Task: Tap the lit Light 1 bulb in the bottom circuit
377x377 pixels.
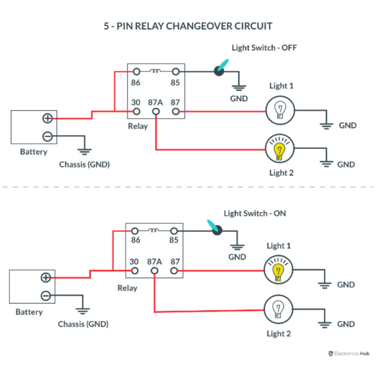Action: click(x=278, y=271)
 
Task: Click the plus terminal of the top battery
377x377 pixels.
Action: click(x=47, y=118)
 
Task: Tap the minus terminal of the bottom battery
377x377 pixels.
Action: click(x=46, y=296)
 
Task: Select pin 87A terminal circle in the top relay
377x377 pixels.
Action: click(x=156, y=111)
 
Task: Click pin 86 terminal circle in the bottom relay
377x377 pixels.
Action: click(x=135, y=231)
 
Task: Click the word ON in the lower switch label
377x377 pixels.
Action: click(x=279, y=213)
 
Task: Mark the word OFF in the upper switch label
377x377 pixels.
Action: click(x=289, y=47)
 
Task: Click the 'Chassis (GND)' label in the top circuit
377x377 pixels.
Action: click(x=84, y=165)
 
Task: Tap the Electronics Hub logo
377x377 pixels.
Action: click(x=348, y=353)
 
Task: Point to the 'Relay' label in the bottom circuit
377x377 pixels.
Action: click(x=127, y=288)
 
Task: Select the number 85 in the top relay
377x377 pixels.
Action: click(x=175, y=82)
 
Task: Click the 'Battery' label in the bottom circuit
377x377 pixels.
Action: click(x=29, y=312)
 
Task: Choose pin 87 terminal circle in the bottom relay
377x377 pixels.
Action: click(x=175, y=271)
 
